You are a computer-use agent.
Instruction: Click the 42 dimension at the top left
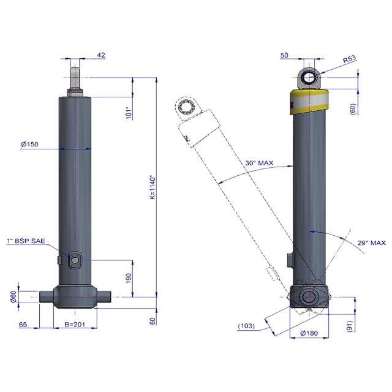[x=101, y=55]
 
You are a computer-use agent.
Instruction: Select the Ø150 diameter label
[x=29, y=145]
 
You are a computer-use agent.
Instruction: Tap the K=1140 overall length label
[x=153, y=187]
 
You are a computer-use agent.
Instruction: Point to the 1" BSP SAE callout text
[x=26, y=241]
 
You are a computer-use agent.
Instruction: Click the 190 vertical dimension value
[x=129, y=278]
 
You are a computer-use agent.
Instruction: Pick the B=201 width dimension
[x=75, y=324]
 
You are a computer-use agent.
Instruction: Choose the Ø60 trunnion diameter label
[x=13, y=296]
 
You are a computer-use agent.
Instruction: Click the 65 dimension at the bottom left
[x=23, y=325]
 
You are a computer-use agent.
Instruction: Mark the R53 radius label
[x=349, y=59]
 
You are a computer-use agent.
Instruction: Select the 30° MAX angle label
[x=259, y=164]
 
